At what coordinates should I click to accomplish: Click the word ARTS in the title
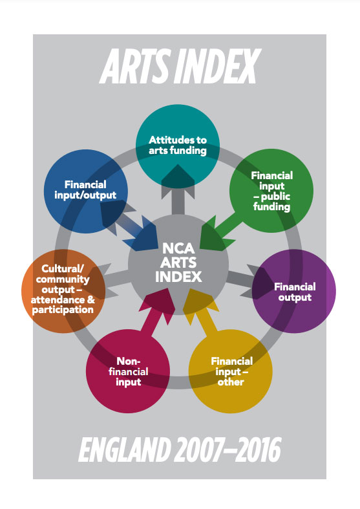(x=135, y=66)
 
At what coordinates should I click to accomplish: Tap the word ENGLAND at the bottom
(x=125, y=449)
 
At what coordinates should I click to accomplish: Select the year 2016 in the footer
(x=257, y=449)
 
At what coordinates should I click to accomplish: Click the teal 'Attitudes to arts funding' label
(x=178, y=145)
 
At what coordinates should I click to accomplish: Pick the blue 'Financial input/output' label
(x=85, y=190)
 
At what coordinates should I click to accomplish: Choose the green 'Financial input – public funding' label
(x=272, y=191)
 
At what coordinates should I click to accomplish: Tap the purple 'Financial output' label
(x=295, y=292)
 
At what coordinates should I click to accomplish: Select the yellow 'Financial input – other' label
(x=231, y=371)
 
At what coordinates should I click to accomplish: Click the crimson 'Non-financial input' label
(x=128, y=371)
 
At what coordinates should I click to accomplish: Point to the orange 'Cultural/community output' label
(x=63, y=289)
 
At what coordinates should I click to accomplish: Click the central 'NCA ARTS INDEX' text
(x=178, y=263)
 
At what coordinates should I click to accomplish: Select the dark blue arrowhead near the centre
(x=141, y=235)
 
